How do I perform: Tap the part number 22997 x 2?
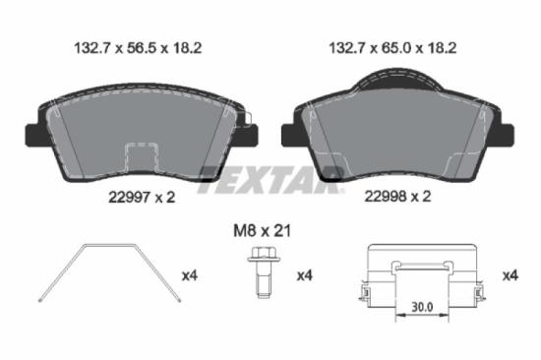(141, 197)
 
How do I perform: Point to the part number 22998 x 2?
(397, 197)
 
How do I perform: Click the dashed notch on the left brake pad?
(144, 157)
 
